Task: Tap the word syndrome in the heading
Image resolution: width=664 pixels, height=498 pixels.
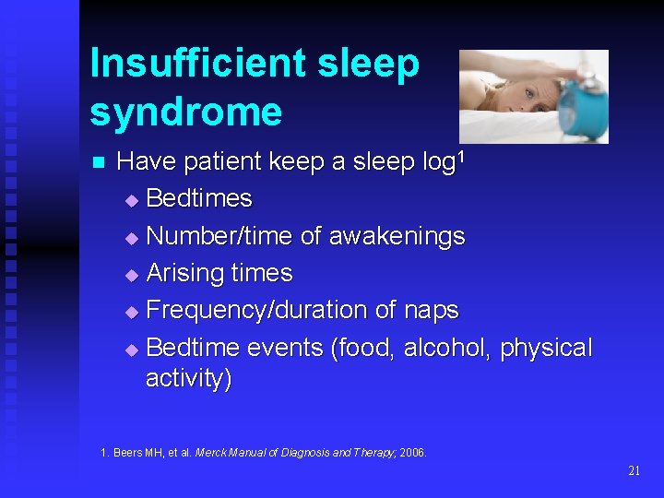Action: (x=185, y=113)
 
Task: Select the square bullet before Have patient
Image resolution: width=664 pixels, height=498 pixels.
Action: (x=100, y=163)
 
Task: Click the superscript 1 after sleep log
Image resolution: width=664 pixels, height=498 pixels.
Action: (x=461, y=156)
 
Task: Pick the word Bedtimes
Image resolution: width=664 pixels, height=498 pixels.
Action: (x=199, y=198)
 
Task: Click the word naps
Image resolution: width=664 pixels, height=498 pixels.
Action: (x=431, y=311)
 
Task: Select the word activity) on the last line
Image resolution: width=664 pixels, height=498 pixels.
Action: (x=189, y=378)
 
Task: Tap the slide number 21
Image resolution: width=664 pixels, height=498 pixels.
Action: (x=634, y=470)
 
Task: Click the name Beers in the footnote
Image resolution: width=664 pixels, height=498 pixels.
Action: (x=125, y=453)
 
